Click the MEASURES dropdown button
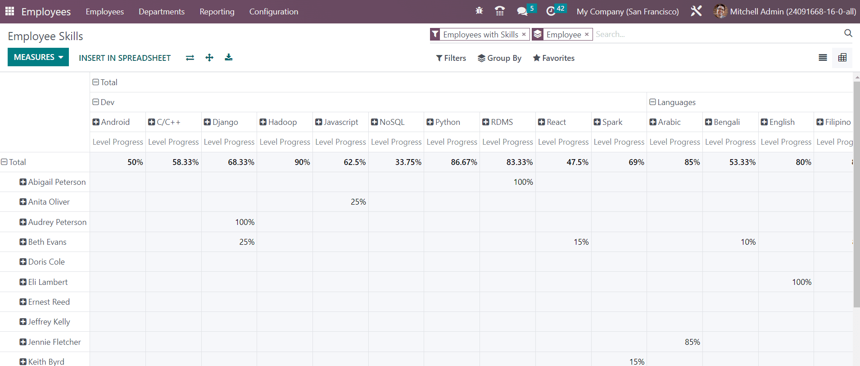point(38,57)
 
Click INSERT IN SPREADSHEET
point(125,58)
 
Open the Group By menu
point(499,58)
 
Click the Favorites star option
point(553,58)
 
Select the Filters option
point(451,58)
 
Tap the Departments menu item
point(162,12)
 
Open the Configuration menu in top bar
point(274,12)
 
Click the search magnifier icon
point(848,33)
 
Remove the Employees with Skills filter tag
point(524,34)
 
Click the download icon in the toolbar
point(229,57)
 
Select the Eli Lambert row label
point(48,282)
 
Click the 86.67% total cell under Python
point(464,162)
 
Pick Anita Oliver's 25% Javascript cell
point(358,202)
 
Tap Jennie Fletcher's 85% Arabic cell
point(692,342)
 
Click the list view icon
point(823,58)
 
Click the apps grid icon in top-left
point(9,11)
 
